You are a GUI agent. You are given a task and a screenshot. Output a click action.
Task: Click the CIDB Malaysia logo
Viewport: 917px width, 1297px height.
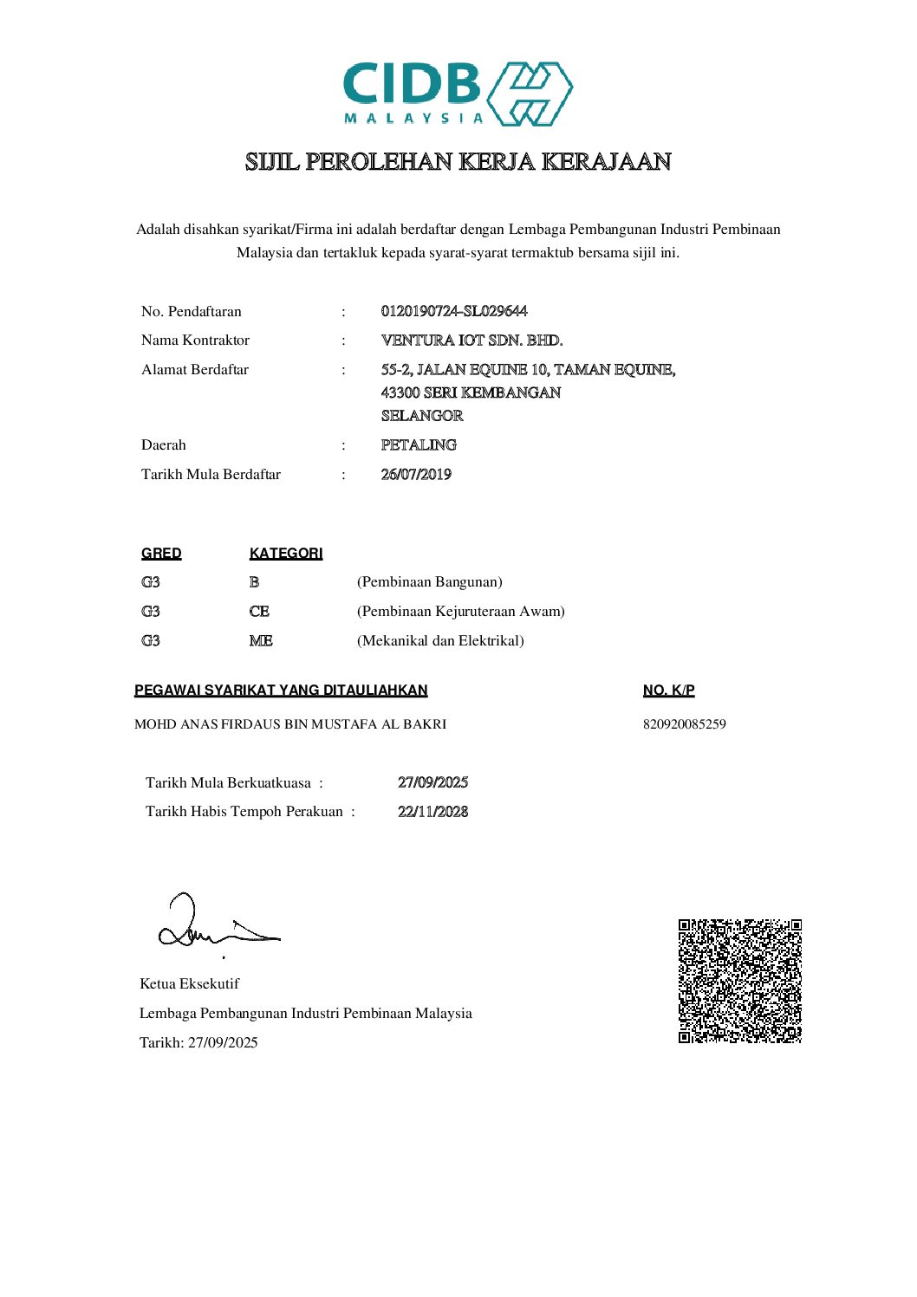(458, 94)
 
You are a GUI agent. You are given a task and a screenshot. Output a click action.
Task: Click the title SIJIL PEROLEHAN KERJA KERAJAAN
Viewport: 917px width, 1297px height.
(458, 162)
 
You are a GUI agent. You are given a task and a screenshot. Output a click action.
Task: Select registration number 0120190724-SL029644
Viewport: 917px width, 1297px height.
(454, 311)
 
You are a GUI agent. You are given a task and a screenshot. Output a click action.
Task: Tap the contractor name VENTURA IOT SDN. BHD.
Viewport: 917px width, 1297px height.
(472, 340)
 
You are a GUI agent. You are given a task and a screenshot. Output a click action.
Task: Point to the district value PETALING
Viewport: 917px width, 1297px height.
(419, 445)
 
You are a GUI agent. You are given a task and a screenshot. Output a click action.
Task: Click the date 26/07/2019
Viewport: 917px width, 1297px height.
(416, 475)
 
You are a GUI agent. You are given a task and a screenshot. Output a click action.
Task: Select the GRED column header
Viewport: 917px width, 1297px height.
(161, 554)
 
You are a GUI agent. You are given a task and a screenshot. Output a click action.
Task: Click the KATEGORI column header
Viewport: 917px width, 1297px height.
(286, 554)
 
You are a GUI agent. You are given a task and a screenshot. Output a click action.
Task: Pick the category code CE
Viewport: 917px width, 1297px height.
(259, 612)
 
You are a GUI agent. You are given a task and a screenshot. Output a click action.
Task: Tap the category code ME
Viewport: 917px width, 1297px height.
(261, 641)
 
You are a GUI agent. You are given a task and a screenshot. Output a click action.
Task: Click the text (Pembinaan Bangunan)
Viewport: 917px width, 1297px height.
(430, 582)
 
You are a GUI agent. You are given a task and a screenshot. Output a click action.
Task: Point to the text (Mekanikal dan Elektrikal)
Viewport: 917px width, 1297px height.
(440, 641)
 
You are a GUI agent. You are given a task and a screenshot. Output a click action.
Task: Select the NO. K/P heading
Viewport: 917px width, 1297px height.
(668, 691)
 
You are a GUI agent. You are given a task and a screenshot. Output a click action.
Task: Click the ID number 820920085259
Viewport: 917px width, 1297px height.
(684, 724)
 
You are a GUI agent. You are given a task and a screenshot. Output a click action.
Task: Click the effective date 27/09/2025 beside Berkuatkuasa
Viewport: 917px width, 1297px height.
(432, 782)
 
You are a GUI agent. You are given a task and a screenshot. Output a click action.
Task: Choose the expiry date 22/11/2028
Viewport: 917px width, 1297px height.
(432, 812)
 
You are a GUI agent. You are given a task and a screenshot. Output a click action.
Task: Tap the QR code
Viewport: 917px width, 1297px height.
(739, 981)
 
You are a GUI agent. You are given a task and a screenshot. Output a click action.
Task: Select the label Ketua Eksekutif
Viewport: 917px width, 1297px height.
(189, 984)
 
